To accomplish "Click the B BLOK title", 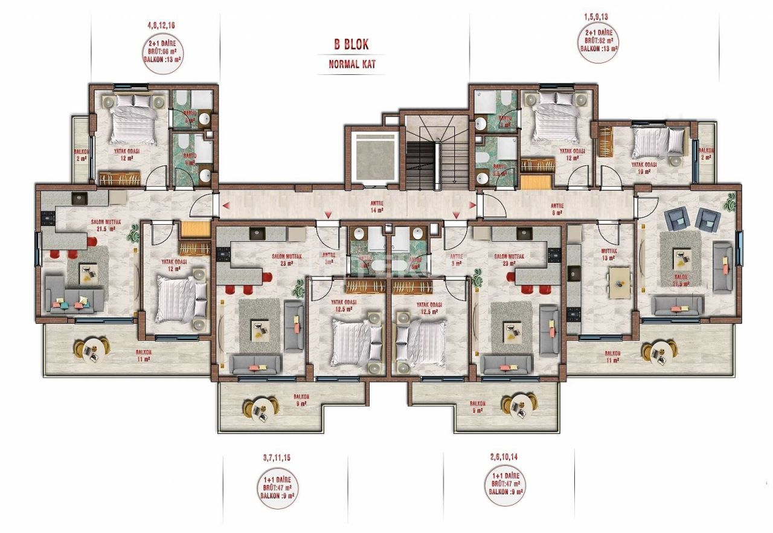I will [351, 44].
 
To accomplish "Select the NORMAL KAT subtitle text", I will [352, 64].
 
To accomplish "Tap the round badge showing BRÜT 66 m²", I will [162, 52].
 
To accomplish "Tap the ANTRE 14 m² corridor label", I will [377, 207].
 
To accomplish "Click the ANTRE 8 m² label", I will [556, 208].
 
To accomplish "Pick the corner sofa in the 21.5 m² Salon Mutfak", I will [72, 294].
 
